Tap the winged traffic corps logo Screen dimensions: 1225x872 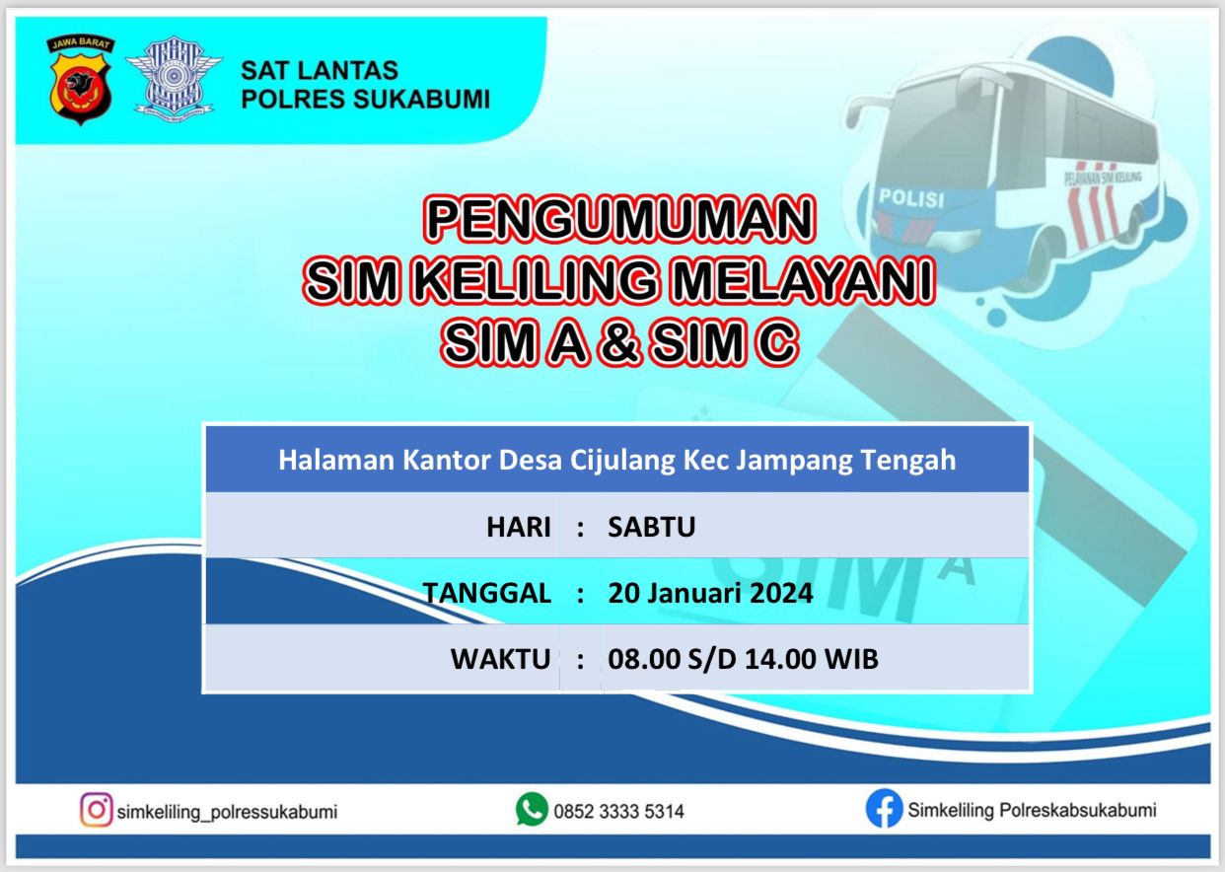point(174,76)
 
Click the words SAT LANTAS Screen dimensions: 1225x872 point(320,71)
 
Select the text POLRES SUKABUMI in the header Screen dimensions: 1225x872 point(365,99)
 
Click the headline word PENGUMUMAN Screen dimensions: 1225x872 point(619,219)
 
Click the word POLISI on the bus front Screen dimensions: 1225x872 point(911,198)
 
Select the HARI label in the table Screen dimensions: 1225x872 point(519,528)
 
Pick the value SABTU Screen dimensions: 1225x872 point(651,528)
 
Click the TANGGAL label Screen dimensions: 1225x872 point(486,594)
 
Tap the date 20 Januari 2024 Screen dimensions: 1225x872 point(710,594)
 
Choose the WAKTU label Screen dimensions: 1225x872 point(500,659)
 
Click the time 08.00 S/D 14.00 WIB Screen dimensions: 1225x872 point(743,659)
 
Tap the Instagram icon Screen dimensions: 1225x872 point(97,810)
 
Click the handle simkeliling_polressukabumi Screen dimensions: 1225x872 point(227,812)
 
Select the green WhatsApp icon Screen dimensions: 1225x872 point(532,809)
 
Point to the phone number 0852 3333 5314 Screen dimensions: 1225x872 point(618,811)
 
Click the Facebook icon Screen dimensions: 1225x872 point(884,809)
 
